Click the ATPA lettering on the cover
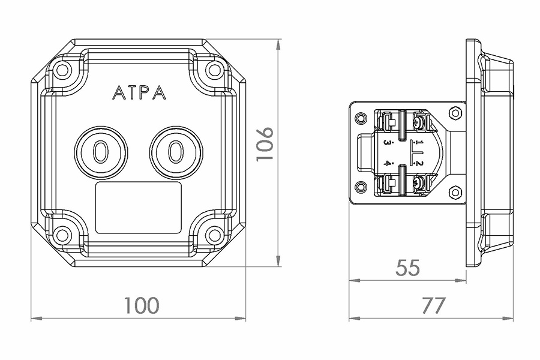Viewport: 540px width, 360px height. (139, 92)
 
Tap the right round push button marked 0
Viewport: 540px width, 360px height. (176, 152)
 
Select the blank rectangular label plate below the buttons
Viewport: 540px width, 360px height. (138, 208)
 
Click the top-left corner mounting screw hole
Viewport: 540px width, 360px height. (62, 70)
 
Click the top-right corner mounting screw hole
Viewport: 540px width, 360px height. (214, 70)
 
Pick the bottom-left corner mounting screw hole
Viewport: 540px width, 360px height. (62, 235)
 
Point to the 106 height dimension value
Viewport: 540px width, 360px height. (266, 143)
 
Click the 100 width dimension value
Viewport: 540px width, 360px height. (142, 305)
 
